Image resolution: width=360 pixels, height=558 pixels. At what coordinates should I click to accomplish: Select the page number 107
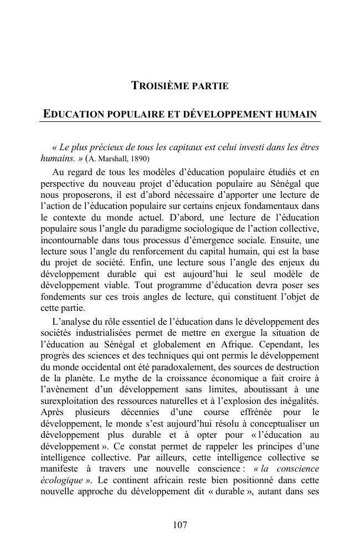pyautogui.click(x=180, y=525)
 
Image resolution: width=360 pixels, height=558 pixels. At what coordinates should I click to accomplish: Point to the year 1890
pyautogui.click(x=141, y=158)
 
